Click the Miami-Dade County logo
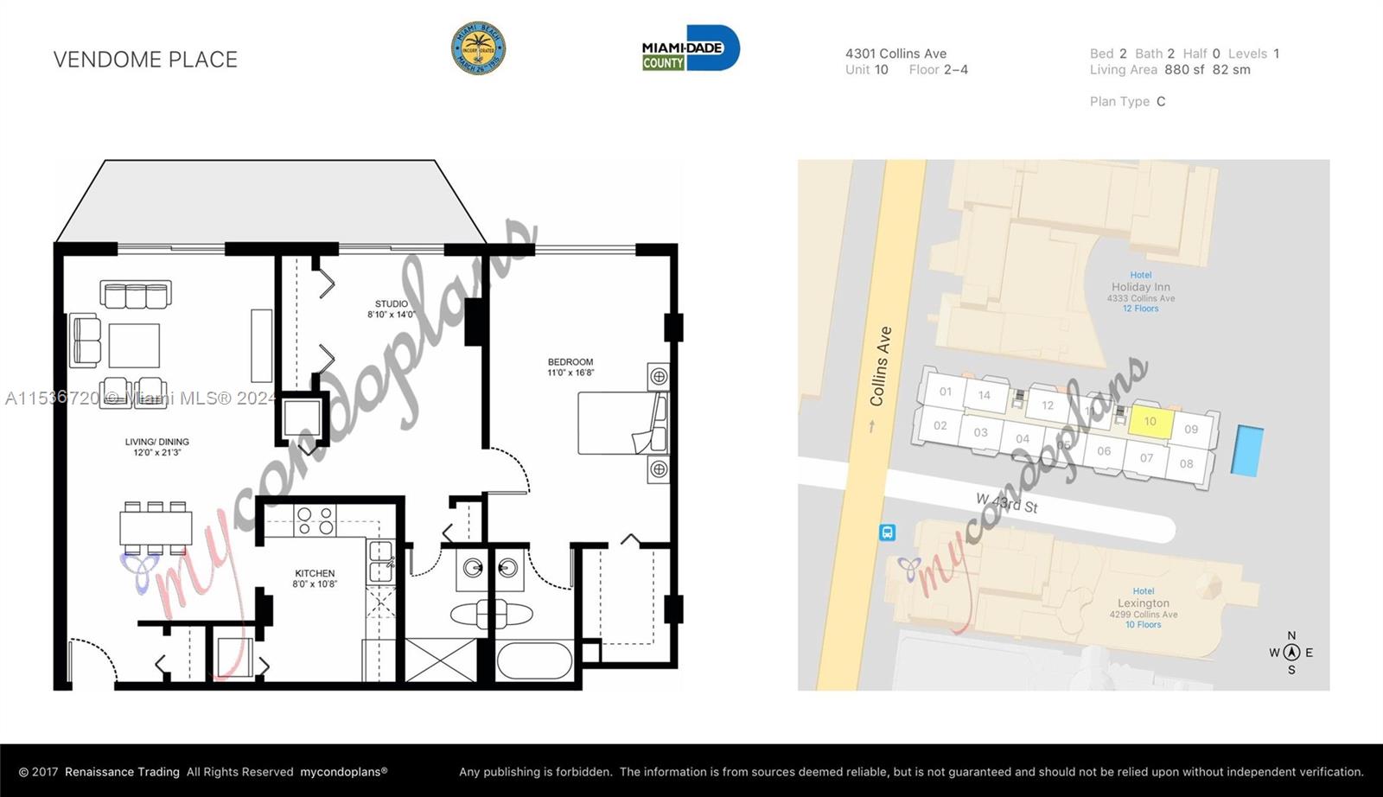point(690,48)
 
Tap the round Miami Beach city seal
point(478,48)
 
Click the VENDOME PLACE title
point(145,60)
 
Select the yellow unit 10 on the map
point(1151,422)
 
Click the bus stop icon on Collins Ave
point(887,532)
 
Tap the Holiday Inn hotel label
point(1140,287)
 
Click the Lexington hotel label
point(1143,603)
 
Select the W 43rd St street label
point(1006,502)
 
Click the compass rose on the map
point(1291,653)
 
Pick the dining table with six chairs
point(156,527)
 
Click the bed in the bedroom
point(622,424)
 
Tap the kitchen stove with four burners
point(315,521)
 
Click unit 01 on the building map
point(946,392)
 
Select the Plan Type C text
point(1127,102)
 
